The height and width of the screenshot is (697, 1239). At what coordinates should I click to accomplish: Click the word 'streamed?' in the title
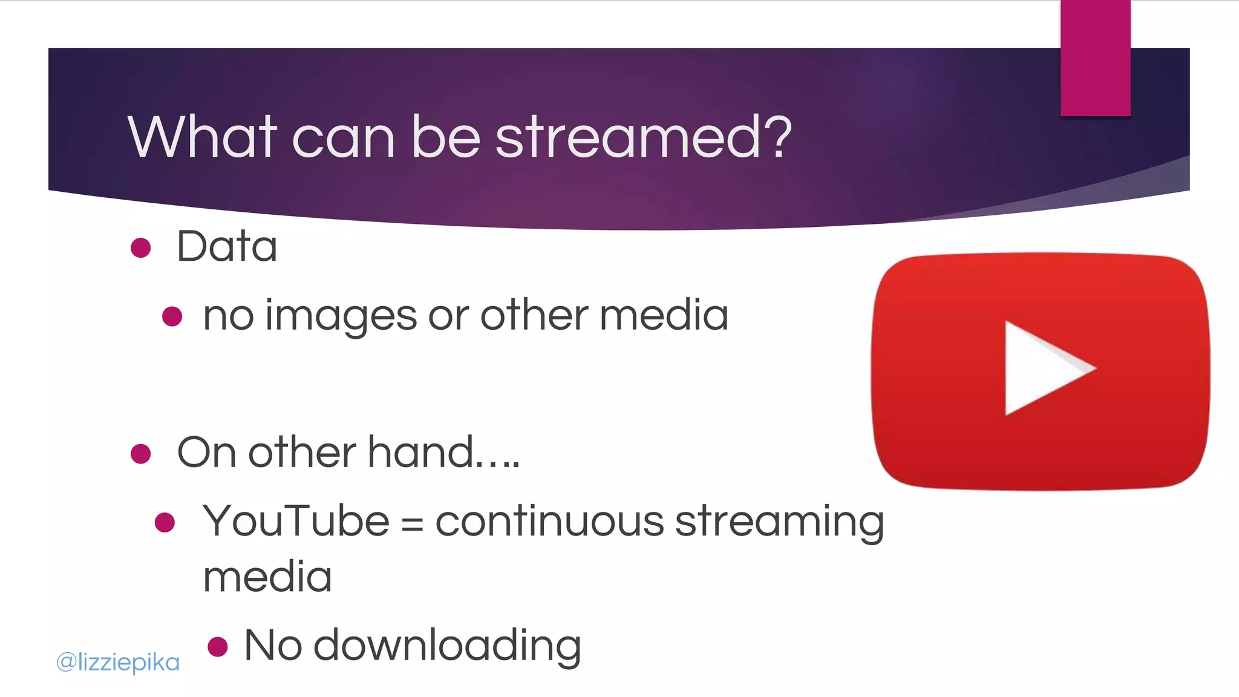coord(643,137)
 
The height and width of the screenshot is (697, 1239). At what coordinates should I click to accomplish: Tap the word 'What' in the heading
coord(203,137)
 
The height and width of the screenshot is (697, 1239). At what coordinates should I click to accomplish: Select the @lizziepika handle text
coord(118,663)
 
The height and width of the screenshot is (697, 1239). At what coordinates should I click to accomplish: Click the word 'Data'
coord(227,247)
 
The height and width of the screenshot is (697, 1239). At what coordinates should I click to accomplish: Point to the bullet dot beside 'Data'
coord(140,247)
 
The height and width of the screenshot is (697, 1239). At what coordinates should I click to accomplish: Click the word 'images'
coord(341,316)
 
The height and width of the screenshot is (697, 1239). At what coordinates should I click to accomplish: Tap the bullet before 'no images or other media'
coord(172,316)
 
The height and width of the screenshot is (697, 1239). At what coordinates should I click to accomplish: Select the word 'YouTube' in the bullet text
coord(296,521)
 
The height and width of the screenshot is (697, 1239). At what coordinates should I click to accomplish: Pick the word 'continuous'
coord(549,521)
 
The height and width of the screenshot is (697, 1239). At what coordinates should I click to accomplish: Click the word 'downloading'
coord(447,646)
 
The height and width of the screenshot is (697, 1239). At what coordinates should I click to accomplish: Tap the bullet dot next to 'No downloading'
coord(217,646)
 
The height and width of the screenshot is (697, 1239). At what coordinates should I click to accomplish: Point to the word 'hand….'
coord(443,453)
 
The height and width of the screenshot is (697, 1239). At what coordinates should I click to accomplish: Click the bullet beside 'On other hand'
coord(140,453)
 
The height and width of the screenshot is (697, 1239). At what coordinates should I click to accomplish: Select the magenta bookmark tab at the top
coord(1095,57)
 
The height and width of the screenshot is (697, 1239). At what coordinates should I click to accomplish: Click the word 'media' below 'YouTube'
coord(267,577)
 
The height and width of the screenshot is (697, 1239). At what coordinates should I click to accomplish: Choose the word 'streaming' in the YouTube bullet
coord(779,522)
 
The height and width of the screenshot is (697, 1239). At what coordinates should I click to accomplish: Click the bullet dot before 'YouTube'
coord(165,522)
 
